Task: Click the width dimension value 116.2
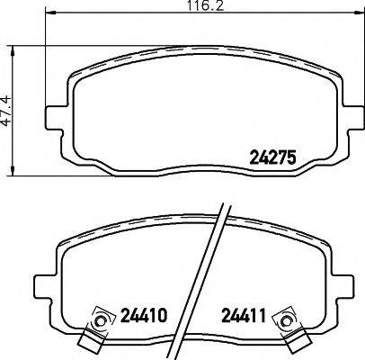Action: (182, 6)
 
